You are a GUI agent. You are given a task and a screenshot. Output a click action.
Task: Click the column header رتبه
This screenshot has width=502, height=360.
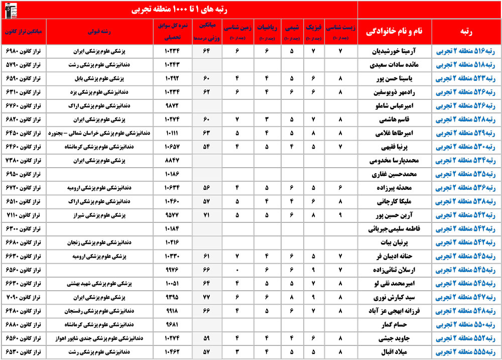[x=466, y=31]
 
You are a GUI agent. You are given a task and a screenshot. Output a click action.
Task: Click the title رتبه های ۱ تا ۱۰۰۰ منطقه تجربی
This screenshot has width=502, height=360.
[x=179, y=9]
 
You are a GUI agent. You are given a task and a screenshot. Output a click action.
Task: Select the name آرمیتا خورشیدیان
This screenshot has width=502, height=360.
[x=397, y=51]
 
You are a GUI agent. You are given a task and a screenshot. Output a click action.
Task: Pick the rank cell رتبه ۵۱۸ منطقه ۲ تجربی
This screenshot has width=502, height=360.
[x=466, y=65]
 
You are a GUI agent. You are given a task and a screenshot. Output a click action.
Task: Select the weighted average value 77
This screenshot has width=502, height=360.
[x=206, y=296]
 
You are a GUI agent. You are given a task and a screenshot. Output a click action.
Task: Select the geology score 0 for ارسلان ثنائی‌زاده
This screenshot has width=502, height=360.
[x=236, y=269]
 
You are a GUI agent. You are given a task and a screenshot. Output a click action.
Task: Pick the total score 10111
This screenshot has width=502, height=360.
[x=172, y=133]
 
